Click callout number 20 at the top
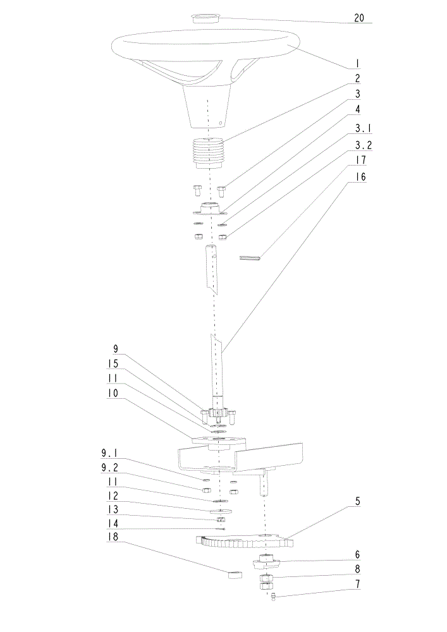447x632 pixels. [x=358, y=18]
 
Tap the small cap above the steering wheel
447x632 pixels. [x=205, y=18]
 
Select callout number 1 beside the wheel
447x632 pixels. [x=357, y=63]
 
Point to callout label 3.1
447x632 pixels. [x=363, y=128]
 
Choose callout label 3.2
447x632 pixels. [x=363, y=145]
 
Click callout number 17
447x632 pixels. [x=361, y=160]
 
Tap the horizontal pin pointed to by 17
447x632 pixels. [x=250, y=258]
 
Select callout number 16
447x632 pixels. [x=361, y=176]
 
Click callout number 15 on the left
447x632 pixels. [x=113, y=363]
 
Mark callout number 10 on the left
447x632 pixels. [x=113, y=392]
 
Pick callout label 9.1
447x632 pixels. [x=109, y=453]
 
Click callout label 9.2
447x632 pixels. [x=109, y=468]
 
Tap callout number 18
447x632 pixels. [x=113, y=537]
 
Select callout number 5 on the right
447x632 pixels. [x=357, y=501]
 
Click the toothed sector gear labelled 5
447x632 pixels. [x=244, y=540]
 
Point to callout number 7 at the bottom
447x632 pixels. [x=357, y=583]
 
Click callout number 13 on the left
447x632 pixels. [x=113, y=509]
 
